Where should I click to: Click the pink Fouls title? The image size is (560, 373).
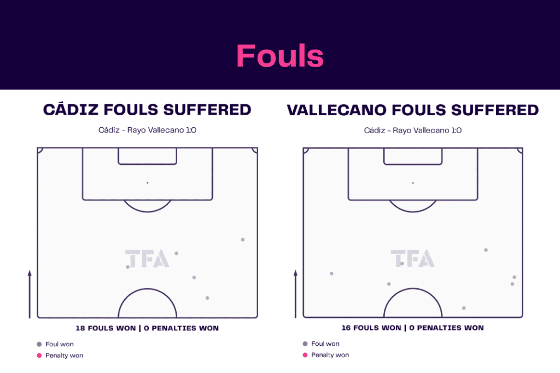(x=280, y=56)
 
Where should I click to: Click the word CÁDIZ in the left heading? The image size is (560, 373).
(x=71, y=109)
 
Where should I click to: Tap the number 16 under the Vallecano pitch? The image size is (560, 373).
(x=346, y=328)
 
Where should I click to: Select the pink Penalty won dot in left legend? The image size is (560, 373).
(x=39, y=356)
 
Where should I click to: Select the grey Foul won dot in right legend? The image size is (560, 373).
(x=305, y=344)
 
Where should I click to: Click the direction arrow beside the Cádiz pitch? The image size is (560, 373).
(x=30, y=294)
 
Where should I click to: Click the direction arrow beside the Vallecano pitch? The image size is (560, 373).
(x=295, y=294)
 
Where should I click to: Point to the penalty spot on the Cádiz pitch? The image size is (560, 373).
(x=148, y=183)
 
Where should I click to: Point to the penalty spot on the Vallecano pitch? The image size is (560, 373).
(x=413, y=183)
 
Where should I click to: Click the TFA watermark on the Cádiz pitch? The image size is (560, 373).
(x=147, y=258)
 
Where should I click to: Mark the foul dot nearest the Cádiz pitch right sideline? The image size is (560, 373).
(x=243, y=240)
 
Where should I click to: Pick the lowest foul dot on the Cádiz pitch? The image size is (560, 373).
(x=207, y=298)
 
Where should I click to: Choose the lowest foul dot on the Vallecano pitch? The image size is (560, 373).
(x=464, y=308)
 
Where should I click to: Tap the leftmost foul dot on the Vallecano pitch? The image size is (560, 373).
(x=332, y=274)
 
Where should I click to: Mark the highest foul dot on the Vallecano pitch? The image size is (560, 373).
(x=486, y=250)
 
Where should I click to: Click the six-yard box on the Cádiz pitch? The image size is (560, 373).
(x=148, y=164)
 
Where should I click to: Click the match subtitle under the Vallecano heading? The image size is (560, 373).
(x=413, y=131)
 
